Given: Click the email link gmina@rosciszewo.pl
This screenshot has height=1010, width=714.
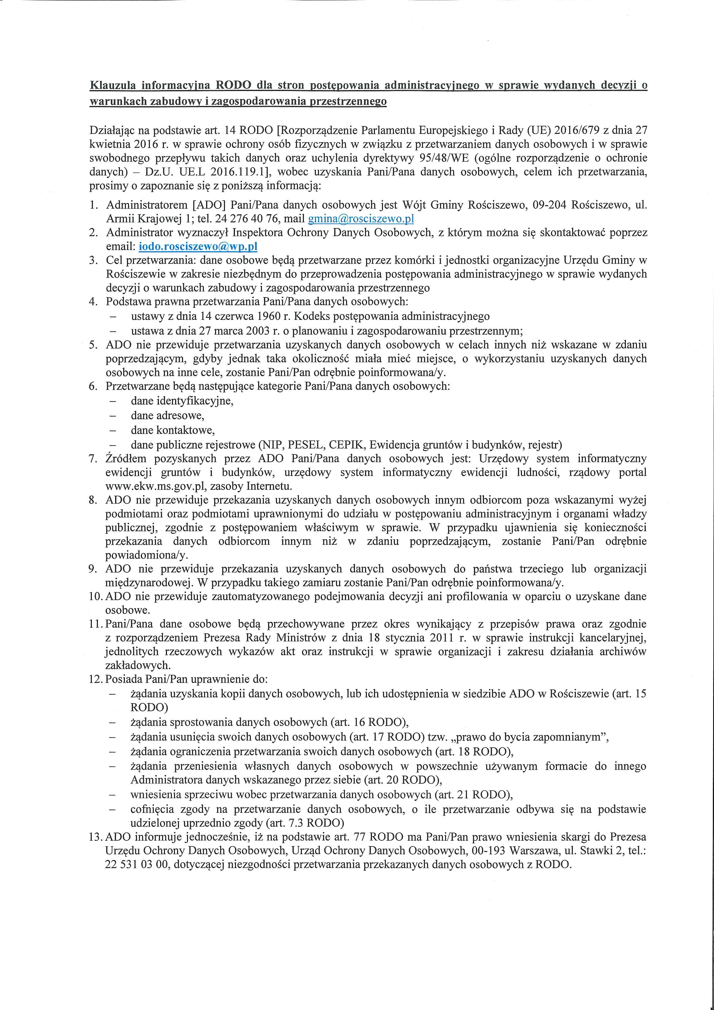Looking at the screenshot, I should tap(361, 219).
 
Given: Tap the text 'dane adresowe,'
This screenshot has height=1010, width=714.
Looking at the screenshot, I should tap(168, 415).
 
